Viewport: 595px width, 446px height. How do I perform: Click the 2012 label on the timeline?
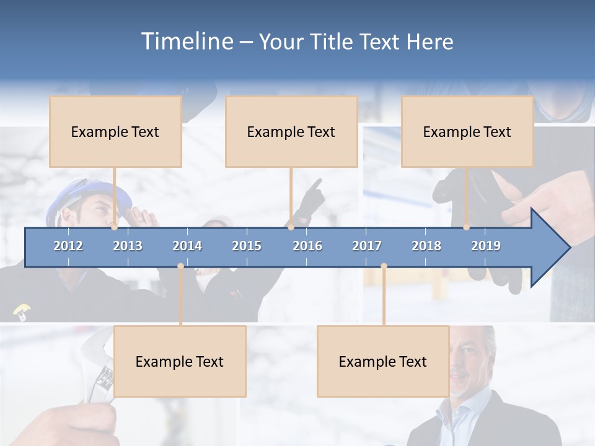pos(68,246)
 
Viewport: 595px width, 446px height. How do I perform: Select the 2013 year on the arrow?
pos(128,246)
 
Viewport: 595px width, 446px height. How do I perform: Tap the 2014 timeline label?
pos(187,246)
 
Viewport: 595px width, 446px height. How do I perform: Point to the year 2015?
pos(247,246)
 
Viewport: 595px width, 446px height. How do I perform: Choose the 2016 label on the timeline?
pos(307,246)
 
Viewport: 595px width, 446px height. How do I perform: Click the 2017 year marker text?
pos(367,246)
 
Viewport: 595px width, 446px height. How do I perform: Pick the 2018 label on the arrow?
pos(426,246)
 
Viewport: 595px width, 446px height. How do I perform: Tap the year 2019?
pos(486,246)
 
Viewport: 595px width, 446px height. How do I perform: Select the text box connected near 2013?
pos(115,131)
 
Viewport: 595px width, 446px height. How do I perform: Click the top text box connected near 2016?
pos(291,131)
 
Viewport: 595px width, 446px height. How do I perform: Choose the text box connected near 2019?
pos(467,131)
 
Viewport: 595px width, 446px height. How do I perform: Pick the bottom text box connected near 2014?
pos(180,361)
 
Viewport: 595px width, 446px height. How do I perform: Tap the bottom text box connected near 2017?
pos(383,361)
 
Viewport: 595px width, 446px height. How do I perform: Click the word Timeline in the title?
pos(186,42)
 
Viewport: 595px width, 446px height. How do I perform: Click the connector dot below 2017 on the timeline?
pos(384,266)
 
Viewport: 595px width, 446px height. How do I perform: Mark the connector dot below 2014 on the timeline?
pos(180,266)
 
